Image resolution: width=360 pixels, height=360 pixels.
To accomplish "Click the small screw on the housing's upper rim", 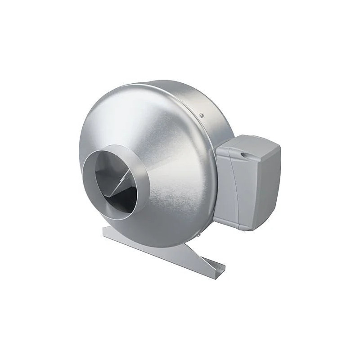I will click(x=202, y=115).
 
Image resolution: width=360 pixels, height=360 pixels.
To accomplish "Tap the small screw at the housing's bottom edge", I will click(x=197, y=235).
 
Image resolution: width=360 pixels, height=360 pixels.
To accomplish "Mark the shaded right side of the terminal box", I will click(x=270, y=184).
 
